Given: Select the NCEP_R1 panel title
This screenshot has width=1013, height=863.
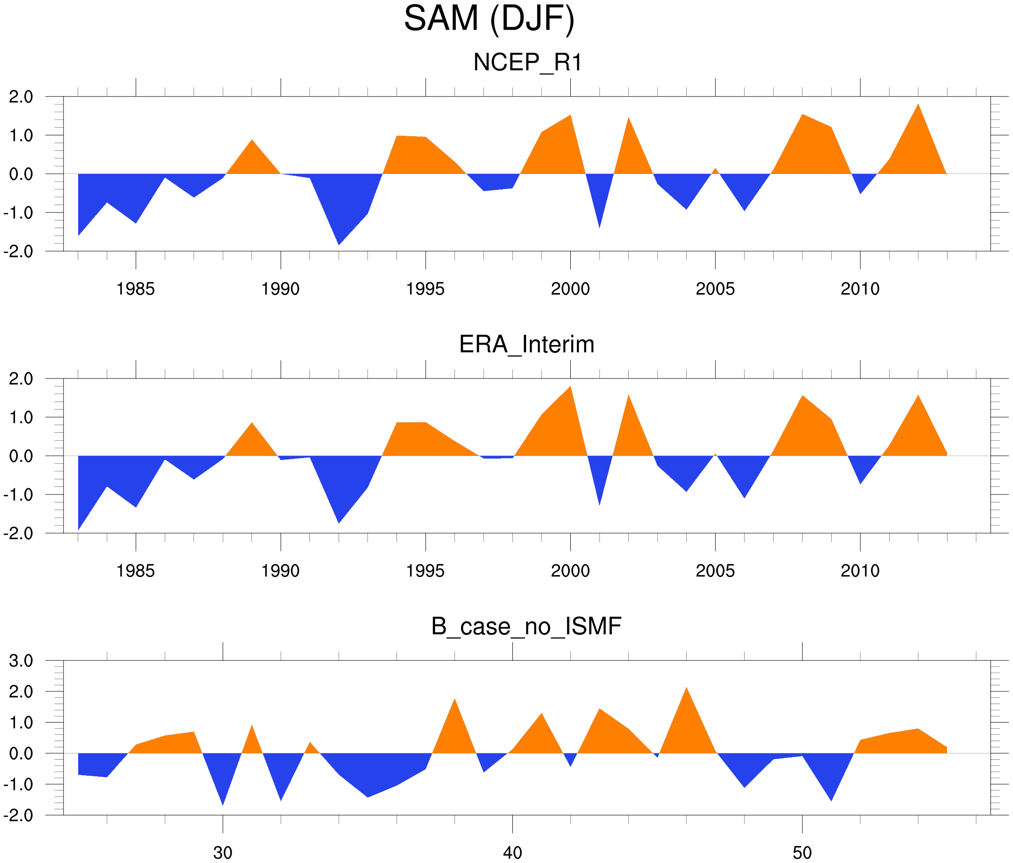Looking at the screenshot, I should click(x=527, y=63).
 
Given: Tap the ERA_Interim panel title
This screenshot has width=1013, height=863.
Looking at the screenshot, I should click(x=527, y=345).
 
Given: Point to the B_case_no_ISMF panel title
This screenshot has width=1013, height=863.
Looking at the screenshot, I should click(x=526, y=626).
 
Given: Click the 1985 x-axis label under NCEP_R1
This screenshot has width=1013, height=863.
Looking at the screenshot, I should click(x=136, y=289).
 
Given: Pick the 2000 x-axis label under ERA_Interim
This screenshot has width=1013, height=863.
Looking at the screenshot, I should click(x=570, y=571).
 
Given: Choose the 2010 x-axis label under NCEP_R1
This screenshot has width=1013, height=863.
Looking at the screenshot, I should click(x=860, y=289).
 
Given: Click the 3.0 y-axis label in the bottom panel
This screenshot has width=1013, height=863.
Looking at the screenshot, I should click(x=21, y=661).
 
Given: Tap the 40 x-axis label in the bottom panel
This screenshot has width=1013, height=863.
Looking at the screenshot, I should click(x=512, y=853).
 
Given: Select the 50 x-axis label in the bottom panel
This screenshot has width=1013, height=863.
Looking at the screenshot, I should click(x=802, y=853).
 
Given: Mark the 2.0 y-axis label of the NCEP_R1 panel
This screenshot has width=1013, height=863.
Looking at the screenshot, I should click(x=21, y=97).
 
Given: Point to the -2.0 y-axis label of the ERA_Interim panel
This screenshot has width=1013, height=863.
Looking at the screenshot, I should click(x=18, y=533).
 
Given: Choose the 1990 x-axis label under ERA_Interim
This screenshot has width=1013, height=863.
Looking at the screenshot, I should click(x=280, y=571).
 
